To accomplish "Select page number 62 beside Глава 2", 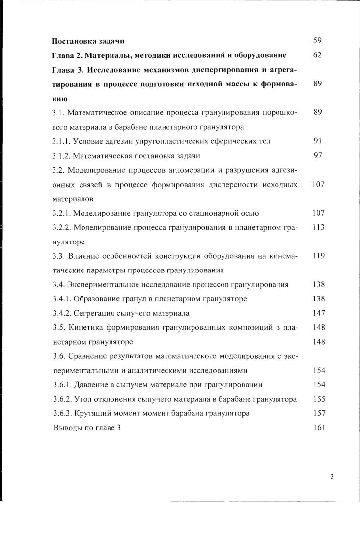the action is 317,55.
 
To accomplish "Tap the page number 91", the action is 317,141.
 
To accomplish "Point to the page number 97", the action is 317,155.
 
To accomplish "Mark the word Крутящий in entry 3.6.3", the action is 91,413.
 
